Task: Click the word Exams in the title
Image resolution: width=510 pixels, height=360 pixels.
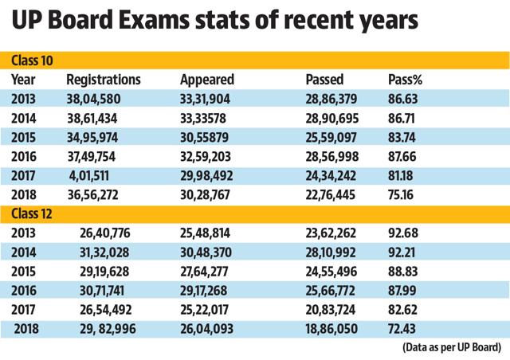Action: coord(153,20)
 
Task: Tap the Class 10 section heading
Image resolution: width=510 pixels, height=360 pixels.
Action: coord(32,61)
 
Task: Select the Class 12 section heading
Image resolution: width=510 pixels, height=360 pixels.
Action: coord(32,214)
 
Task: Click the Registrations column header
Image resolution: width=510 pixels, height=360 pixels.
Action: coord(104,80)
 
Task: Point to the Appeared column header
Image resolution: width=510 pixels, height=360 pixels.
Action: coord(207,80)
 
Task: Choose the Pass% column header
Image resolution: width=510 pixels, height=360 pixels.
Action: coord(405,80)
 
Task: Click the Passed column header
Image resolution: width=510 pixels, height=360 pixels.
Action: coord(324,80)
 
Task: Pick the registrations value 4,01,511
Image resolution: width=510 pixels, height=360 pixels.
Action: coord(88,176)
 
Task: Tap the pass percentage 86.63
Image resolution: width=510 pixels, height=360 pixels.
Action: coord(402,99)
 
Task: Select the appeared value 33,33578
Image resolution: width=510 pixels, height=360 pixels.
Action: coord(203,119)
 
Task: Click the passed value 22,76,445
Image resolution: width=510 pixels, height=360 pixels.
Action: coord(330,195)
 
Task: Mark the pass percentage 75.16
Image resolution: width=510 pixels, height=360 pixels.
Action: coord(400,195)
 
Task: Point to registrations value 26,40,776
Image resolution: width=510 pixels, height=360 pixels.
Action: coord(104,233)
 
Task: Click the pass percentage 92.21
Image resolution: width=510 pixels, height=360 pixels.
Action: coord(402,252)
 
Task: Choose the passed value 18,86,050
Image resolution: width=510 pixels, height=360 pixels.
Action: coord(331,329)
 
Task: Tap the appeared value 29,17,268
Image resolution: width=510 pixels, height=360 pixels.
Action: coord(204,291)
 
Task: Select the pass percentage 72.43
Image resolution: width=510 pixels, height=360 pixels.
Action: coord(402,329)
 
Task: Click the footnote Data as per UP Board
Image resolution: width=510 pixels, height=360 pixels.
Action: coord(452,347)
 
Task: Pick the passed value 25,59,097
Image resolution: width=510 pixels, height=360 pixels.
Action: coord(331,138)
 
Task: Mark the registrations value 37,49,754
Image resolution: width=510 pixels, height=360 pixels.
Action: coord(92,157)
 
